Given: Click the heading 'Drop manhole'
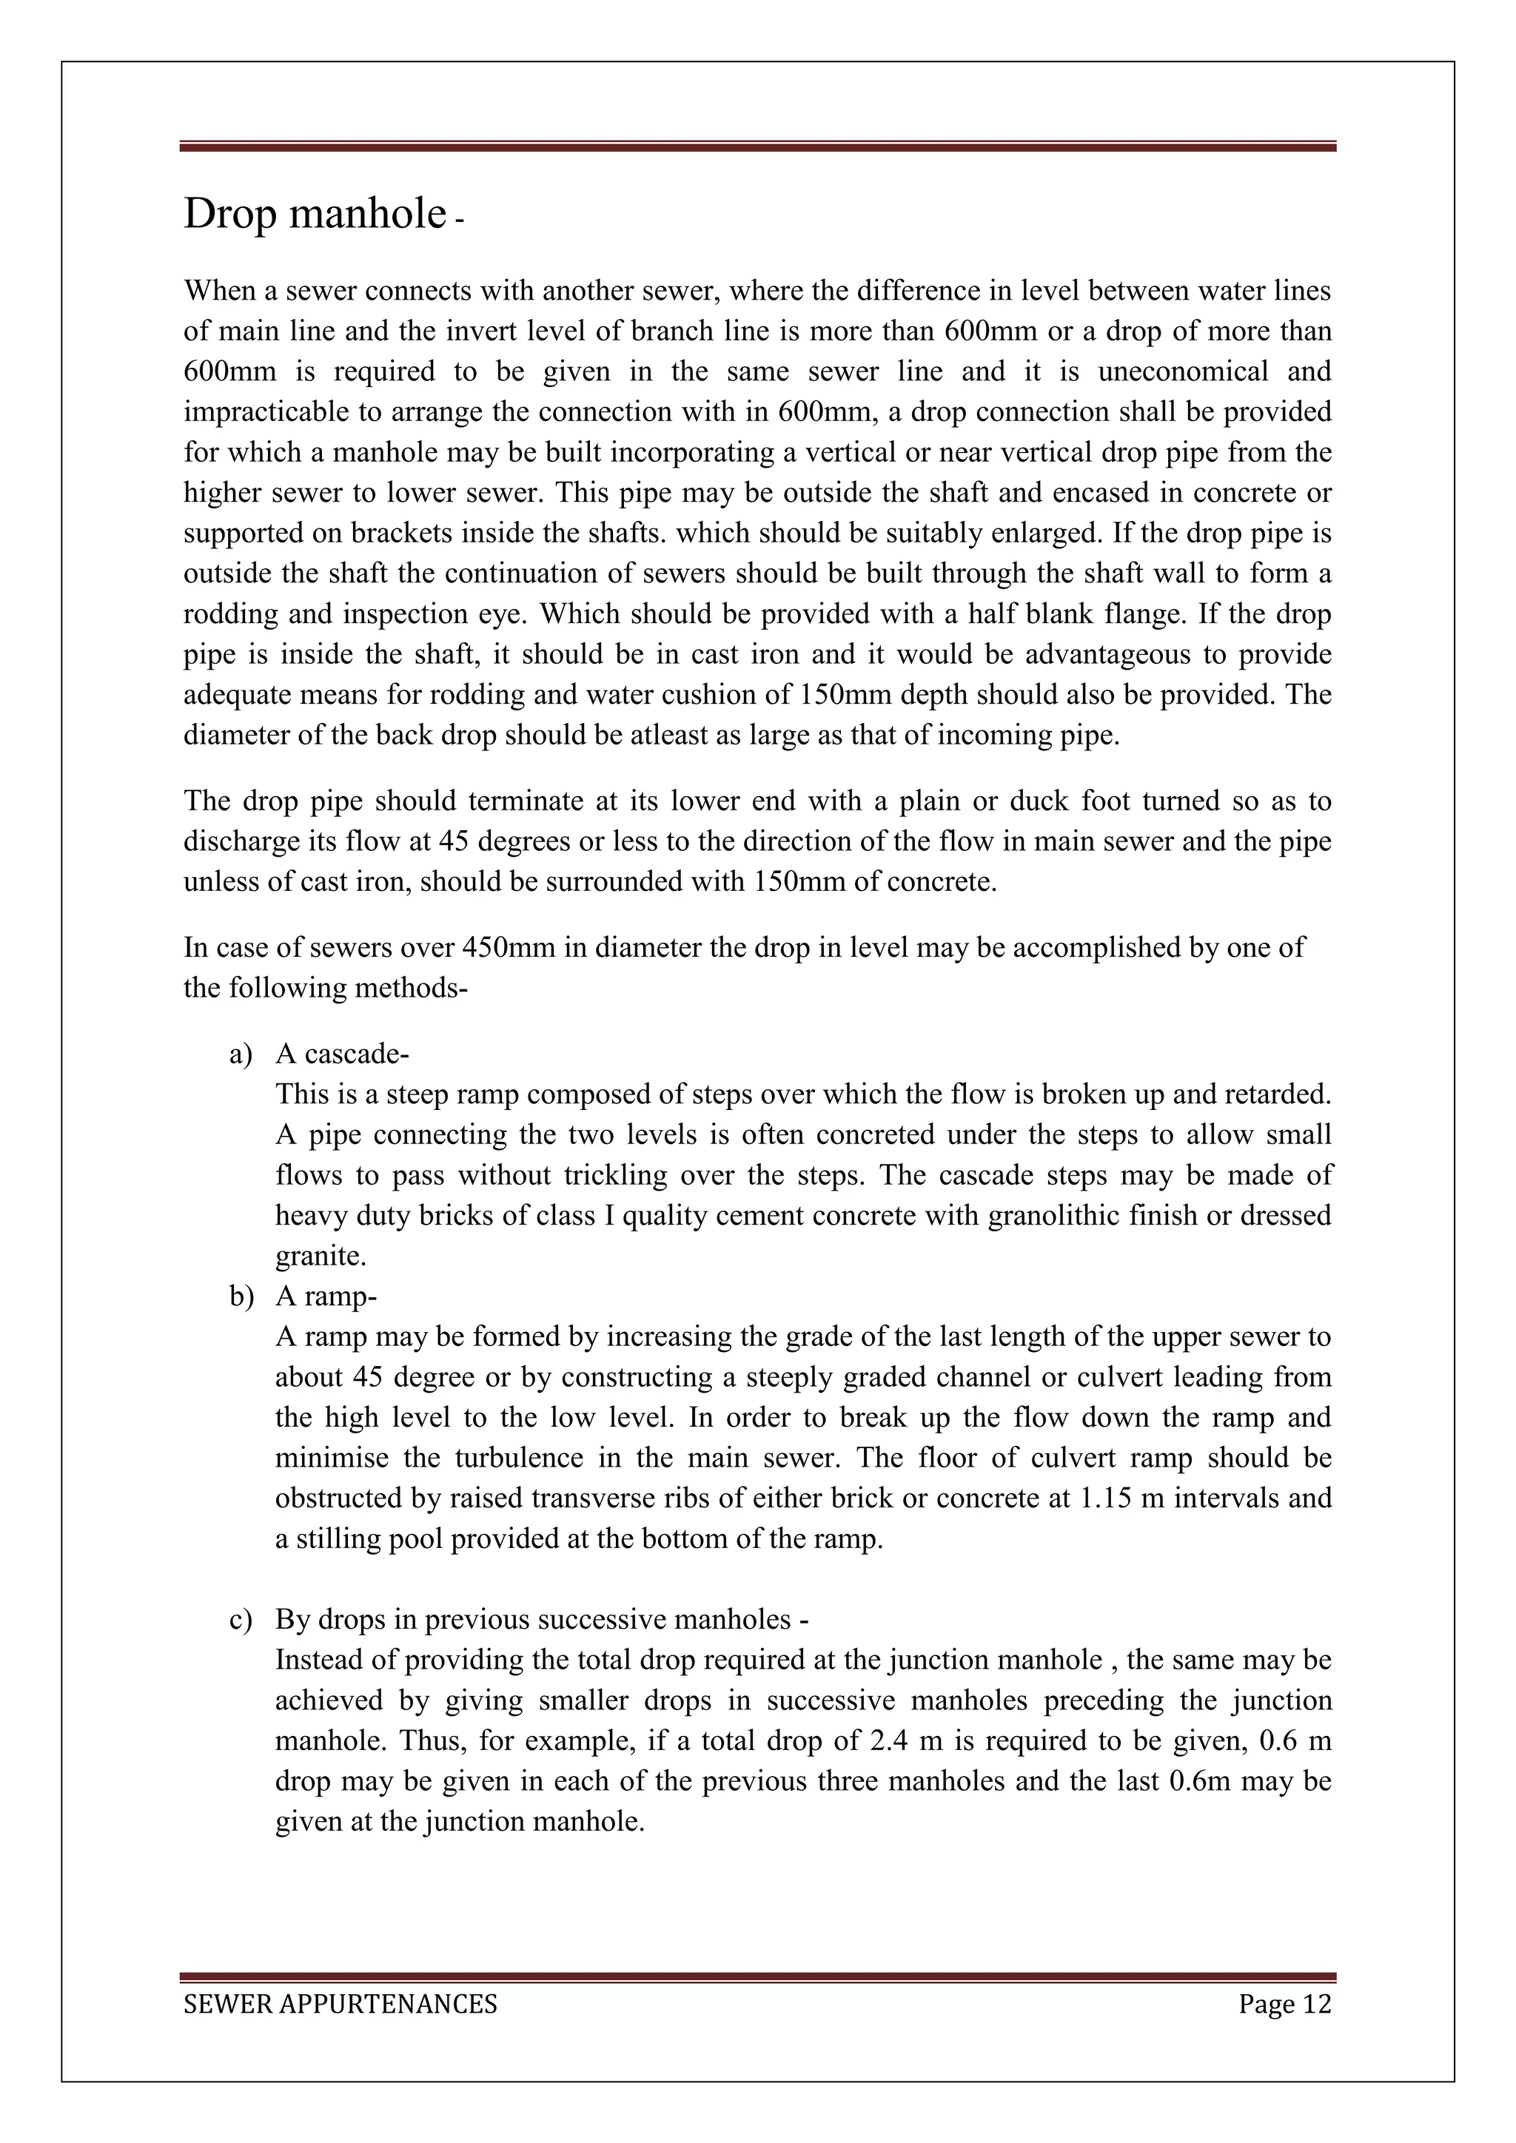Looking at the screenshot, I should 315,214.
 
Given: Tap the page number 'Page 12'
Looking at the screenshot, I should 1284,2004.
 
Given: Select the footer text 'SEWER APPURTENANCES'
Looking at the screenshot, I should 340,2004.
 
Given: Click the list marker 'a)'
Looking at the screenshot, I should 241,1054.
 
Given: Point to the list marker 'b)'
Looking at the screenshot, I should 241,1296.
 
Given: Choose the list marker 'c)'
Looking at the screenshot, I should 241,1619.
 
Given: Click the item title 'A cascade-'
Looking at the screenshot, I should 343,1054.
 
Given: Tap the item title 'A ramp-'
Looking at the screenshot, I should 326,1296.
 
